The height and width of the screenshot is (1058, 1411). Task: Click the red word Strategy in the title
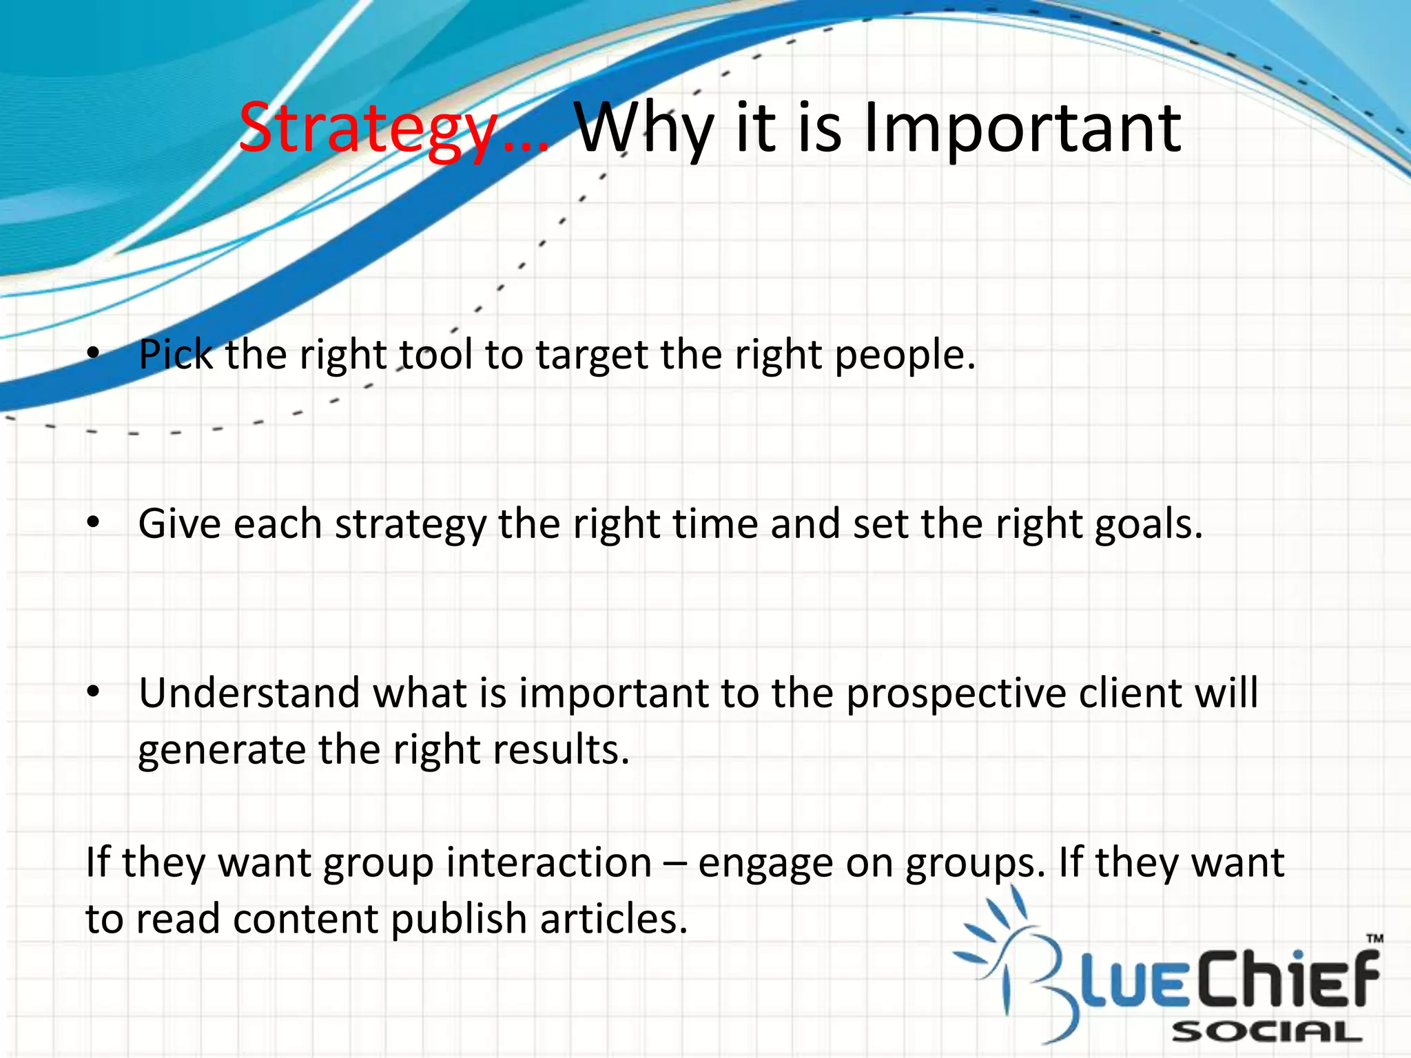pyautogui.click(x=369, y=129)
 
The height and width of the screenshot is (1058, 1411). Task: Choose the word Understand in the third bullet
pyautogui.click(x=249, y=693)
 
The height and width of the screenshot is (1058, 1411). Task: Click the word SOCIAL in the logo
pyautogui.click(x=1266, y=1032)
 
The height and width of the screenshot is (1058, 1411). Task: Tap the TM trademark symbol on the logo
pyautogui.click(x=1374, y=938)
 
